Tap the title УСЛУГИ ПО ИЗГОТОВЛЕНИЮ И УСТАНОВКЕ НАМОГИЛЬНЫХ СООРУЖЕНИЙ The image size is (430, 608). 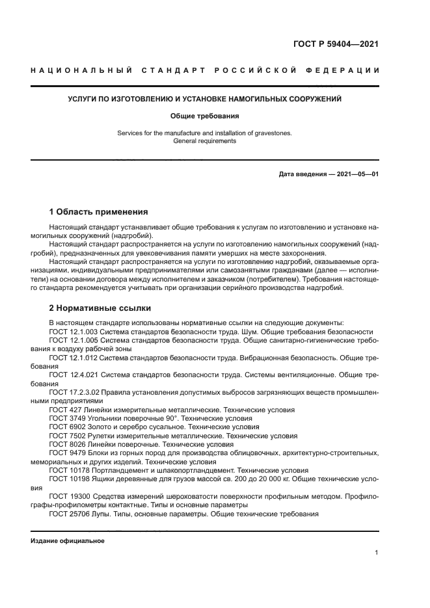205,99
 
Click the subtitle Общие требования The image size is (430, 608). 205,116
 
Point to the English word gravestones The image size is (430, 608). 272,133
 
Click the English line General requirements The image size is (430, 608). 205,141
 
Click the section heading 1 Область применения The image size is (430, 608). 98,212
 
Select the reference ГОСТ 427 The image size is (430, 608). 64,410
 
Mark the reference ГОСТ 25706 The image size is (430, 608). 69,514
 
